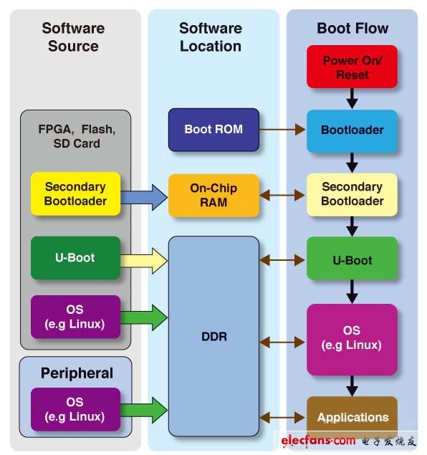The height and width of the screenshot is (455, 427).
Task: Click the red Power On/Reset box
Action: click(x=352, y=67)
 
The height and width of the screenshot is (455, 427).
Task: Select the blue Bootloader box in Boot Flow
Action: click(x=352, y=130)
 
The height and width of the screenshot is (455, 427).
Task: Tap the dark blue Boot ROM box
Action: click(x=214, y=130)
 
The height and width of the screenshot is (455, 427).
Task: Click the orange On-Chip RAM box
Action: click(x=214, y=196)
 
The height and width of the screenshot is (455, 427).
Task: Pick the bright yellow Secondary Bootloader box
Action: click(x=75, y=194)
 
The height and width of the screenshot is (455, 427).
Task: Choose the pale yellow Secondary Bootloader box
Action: click(x=352, y=194)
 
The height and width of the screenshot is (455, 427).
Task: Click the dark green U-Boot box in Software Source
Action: click(x=75, y=258)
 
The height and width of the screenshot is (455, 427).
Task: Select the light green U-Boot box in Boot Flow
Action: click(x=352, y=260)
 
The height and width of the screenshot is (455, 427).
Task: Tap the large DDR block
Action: click(x=214, y=336)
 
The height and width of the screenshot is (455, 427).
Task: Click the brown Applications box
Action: click(x=352, y=417)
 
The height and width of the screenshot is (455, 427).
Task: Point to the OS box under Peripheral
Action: click(x=75, y=409)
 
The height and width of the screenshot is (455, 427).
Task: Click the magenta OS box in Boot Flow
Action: click(x=352, y=339)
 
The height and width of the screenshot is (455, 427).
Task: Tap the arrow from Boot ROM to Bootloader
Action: click(x=282, y=130)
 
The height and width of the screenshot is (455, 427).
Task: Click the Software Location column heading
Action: click(x=211, y=37)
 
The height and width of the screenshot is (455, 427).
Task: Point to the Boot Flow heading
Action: click(x=352, y=29)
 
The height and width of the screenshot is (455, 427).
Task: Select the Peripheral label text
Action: click(x=76, y=373)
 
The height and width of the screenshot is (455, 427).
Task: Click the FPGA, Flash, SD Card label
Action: click(x=76, y=136)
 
